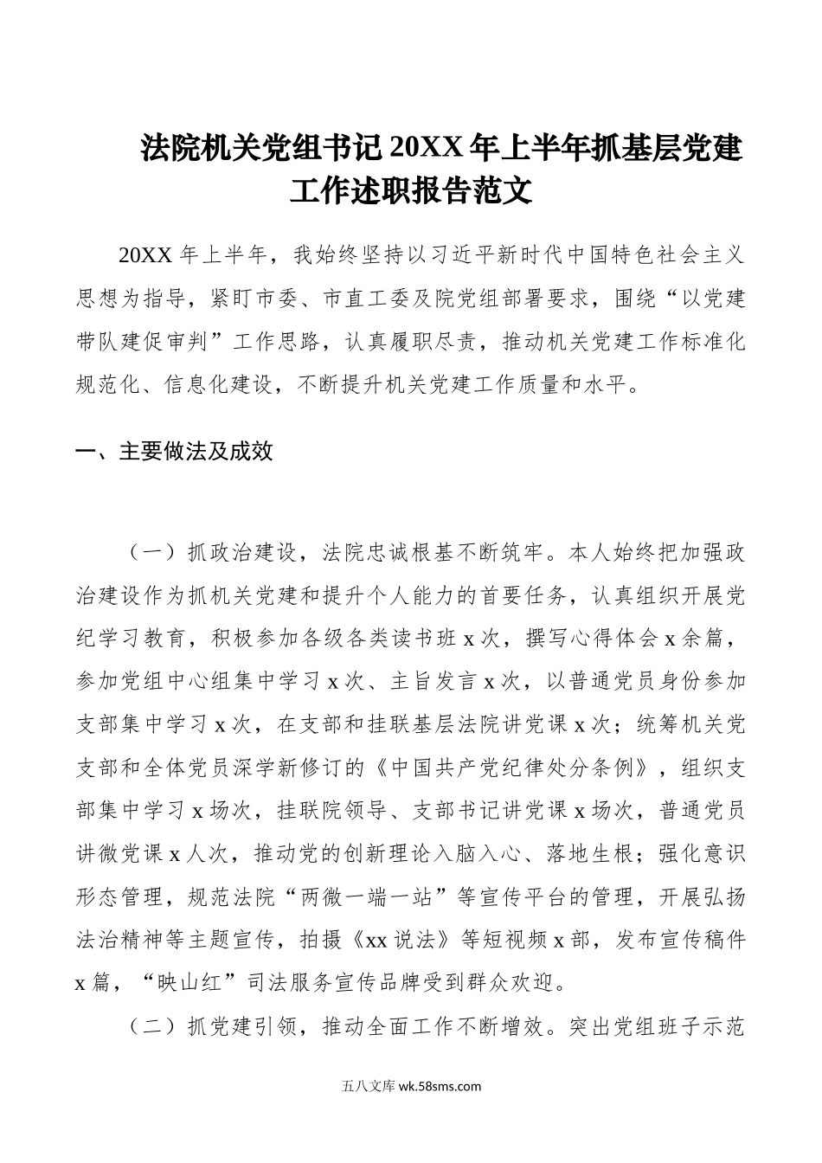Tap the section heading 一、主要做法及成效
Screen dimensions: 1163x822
point(175,451)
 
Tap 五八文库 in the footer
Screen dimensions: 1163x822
point(369,1087)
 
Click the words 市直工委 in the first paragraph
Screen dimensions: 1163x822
point(364,299)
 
